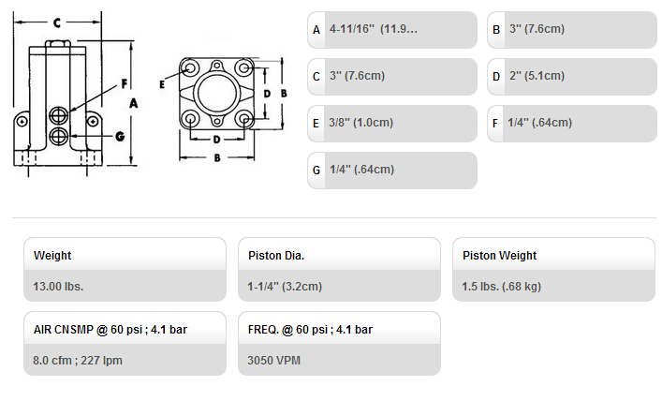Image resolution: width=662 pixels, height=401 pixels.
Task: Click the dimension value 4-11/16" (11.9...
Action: pyautogui.click(x=374, y=29)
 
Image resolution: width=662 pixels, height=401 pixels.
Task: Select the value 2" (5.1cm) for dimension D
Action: pyautogui.click(x=537, y=76)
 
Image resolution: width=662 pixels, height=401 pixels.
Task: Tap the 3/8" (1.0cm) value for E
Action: pyautogui.click(x=361, y=123)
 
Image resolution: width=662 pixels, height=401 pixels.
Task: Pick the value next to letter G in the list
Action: pyautogui.click(x=361, y=170)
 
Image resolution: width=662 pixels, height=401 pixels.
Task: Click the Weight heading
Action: pyautogui.click(x=52, y=256)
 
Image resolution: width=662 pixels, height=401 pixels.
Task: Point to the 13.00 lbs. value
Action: pyautogui.click(x=58, y=287)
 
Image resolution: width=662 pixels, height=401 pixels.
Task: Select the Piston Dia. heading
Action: pyautogui.click(x=276, y=256)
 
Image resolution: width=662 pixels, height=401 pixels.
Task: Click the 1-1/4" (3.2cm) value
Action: pyautogui.click(x=285, y=287)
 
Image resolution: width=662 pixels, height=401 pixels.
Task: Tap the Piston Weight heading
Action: pyautogui.click(x=499, y=256)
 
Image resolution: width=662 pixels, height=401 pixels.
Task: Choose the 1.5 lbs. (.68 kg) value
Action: pyautogui.click(x=502, y=287)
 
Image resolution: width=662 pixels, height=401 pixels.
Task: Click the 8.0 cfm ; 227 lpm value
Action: pyautogui.click(x=78, y=361)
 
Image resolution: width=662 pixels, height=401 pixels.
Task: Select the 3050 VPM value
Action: pyautogui.click(x=274, y=361)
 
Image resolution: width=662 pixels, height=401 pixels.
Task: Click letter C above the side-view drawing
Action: pyautogui.click(x=57, y=22)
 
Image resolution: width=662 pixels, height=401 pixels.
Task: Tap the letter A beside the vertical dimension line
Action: pyautogui.click(x=133, y=103)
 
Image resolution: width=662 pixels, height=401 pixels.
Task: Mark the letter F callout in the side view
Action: pyautogui.click(x=125, y=84)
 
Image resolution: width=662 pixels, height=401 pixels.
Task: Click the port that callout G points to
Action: pyautogui.click(x=59, y=136)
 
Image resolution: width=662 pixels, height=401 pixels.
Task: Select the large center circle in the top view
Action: pyautogui.click(x=216, y=93)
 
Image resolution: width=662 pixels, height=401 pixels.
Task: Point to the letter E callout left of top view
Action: pyautogui.click(x=162, y=84)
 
